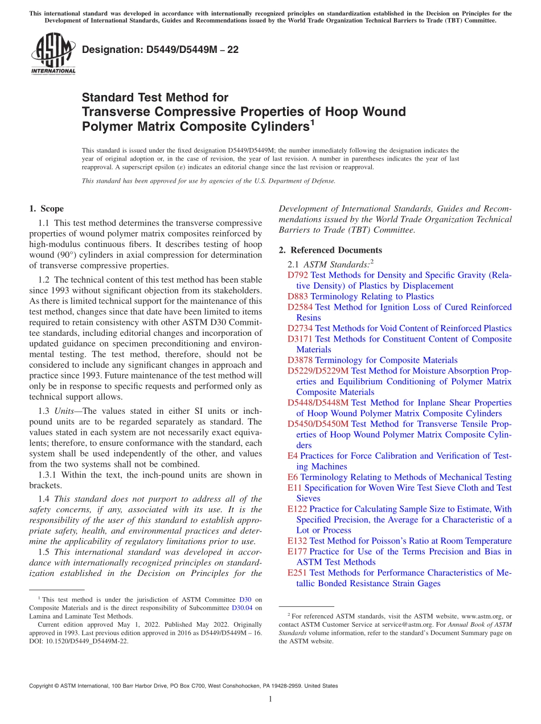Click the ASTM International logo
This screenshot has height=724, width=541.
pyautogui.click(x=52, y=54)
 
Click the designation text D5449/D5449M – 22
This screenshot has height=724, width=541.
pyautogui.click(x=160, y=50)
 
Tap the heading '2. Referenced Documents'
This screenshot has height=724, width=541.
pyautogui.click(x=330, y=250)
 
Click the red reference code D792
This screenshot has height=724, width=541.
pyautogui.click(x=298, y=275)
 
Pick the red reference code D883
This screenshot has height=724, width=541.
pyautogui.click(x=298, y=297)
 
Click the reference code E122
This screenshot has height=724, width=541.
pyautogui.click(x=297, y=509)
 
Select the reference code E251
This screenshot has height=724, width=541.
pyautogui.click(x=297, y=573)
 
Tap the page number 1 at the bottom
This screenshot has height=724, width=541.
pyautogui.click(x=270, y=700)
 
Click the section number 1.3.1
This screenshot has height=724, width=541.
pyautogui.click(x=48, y=475)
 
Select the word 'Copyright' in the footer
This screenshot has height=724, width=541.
pyautogui.click(x=44, y=686)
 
